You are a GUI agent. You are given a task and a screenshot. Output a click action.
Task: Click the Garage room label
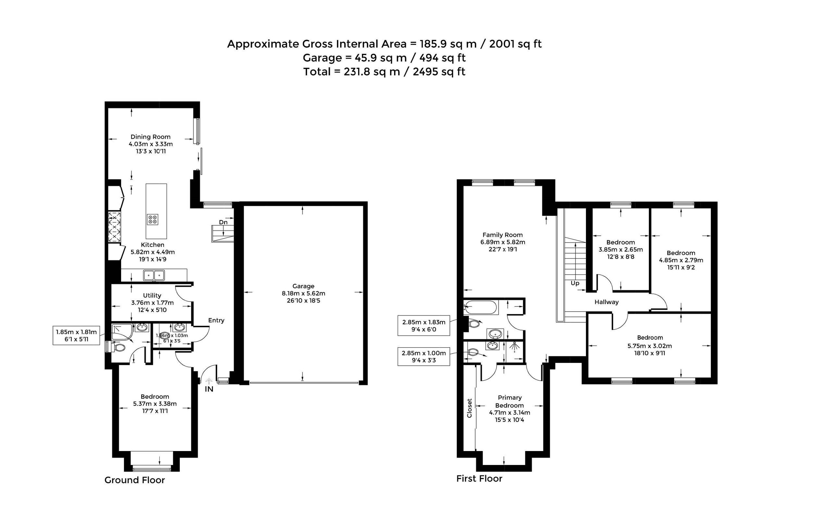[x=303, y=286]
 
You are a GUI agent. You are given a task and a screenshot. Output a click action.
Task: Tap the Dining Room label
[x=151, y=137]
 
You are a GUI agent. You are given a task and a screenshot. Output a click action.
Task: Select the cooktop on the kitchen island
[x=153, y=219]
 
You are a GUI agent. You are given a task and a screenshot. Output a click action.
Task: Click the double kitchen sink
[x=154, y=275]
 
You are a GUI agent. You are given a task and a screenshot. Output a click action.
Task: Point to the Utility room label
[x=152, y=295]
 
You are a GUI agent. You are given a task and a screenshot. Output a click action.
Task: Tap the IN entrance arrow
[x=209, y=380]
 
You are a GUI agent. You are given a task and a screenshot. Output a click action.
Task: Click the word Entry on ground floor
[x=217, y=320]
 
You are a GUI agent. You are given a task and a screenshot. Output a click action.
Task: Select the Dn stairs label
[x=223, y=222]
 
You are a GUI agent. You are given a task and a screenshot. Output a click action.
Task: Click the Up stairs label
[x=575, y=283]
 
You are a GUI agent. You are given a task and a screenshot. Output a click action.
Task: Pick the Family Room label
[x=502, y=235]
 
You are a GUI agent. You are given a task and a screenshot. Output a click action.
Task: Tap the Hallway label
[x=606, y=302]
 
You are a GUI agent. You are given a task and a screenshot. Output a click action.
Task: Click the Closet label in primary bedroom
[x=469, y=408]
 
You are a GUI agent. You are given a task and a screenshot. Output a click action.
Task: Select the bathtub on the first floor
[x=480, y=307]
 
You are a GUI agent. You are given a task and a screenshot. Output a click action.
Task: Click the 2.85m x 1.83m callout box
[x=424, y=326]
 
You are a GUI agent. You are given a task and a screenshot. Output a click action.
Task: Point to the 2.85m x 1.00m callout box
[x=424, y=356]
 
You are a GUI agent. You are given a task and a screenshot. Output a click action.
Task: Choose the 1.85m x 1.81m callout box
[x=76, y=335]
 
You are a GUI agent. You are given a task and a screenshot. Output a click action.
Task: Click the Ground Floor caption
[x=135, y=480]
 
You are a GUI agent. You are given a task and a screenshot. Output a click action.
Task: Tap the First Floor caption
[x=479, y=479]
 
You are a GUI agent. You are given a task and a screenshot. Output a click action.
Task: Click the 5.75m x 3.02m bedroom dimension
[x=650, y=346]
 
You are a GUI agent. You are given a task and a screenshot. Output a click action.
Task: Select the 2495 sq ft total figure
[x=439, y=72]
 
